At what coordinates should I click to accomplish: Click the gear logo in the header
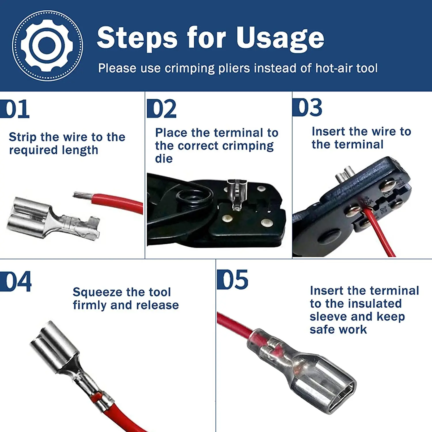47,46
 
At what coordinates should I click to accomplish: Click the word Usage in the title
280,38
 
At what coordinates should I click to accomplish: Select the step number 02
162,109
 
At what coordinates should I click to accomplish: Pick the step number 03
308,107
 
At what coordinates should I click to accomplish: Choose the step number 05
233,280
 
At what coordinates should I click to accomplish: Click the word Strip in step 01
22,137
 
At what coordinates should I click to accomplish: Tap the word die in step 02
164,159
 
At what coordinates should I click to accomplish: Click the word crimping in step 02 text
248,146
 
